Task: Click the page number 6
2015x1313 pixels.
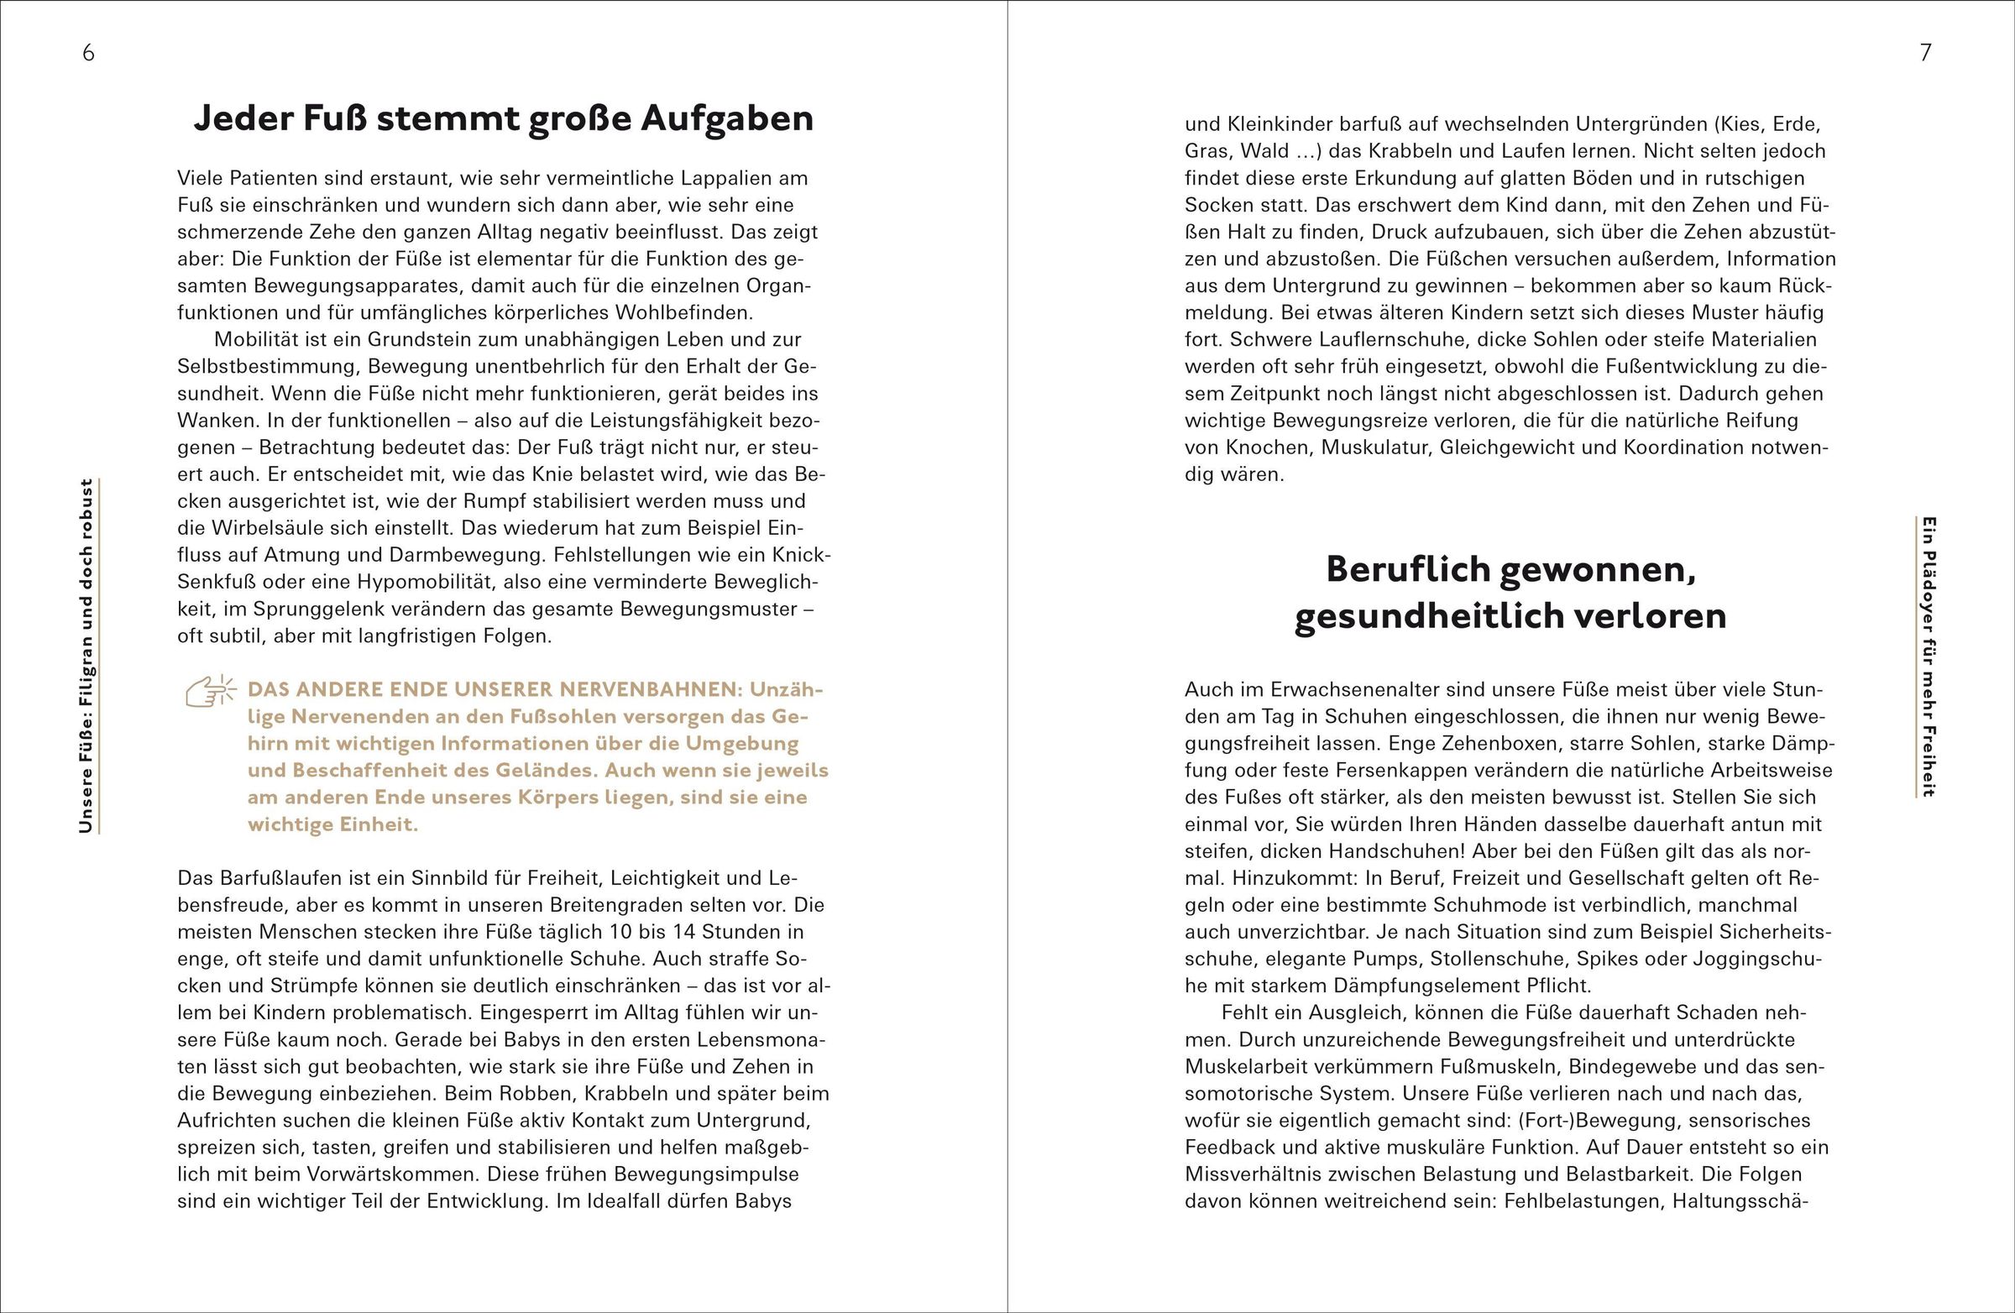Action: (88, 54)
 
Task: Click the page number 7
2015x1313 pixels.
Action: (1926, 54)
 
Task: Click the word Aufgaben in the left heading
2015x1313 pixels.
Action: (727, 118)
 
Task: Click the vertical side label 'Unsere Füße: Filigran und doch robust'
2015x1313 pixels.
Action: (86, 656)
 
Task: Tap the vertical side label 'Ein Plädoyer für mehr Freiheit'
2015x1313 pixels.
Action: (1928, 656)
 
